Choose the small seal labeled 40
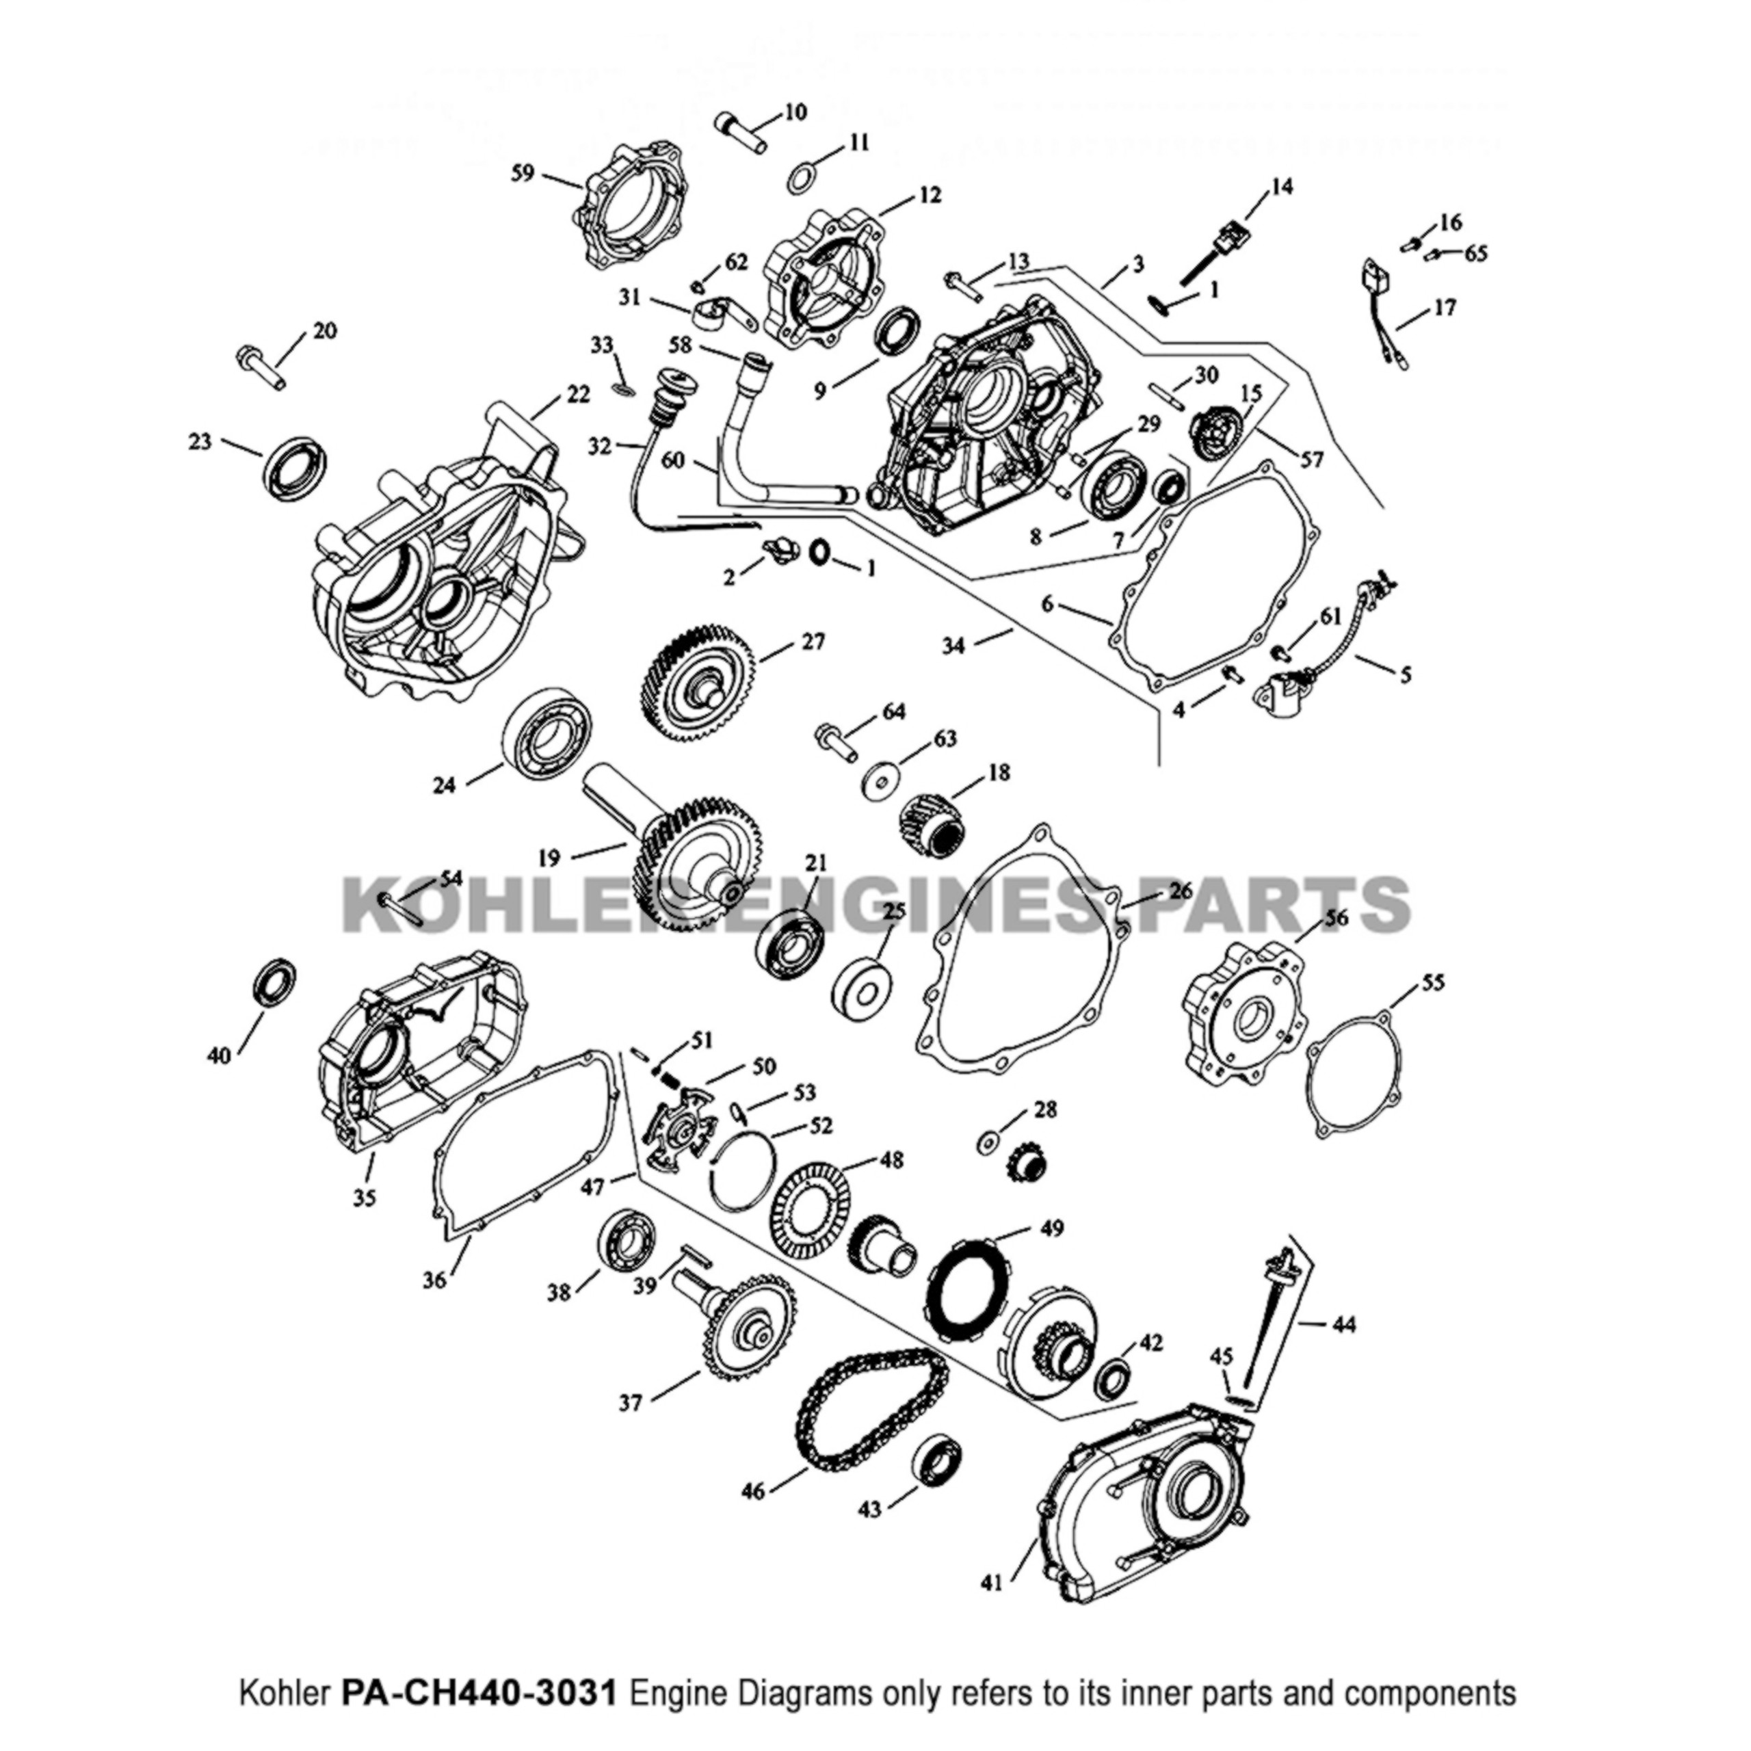[274, 979]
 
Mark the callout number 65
[1475, 254]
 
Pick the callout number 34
[953, 645]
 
